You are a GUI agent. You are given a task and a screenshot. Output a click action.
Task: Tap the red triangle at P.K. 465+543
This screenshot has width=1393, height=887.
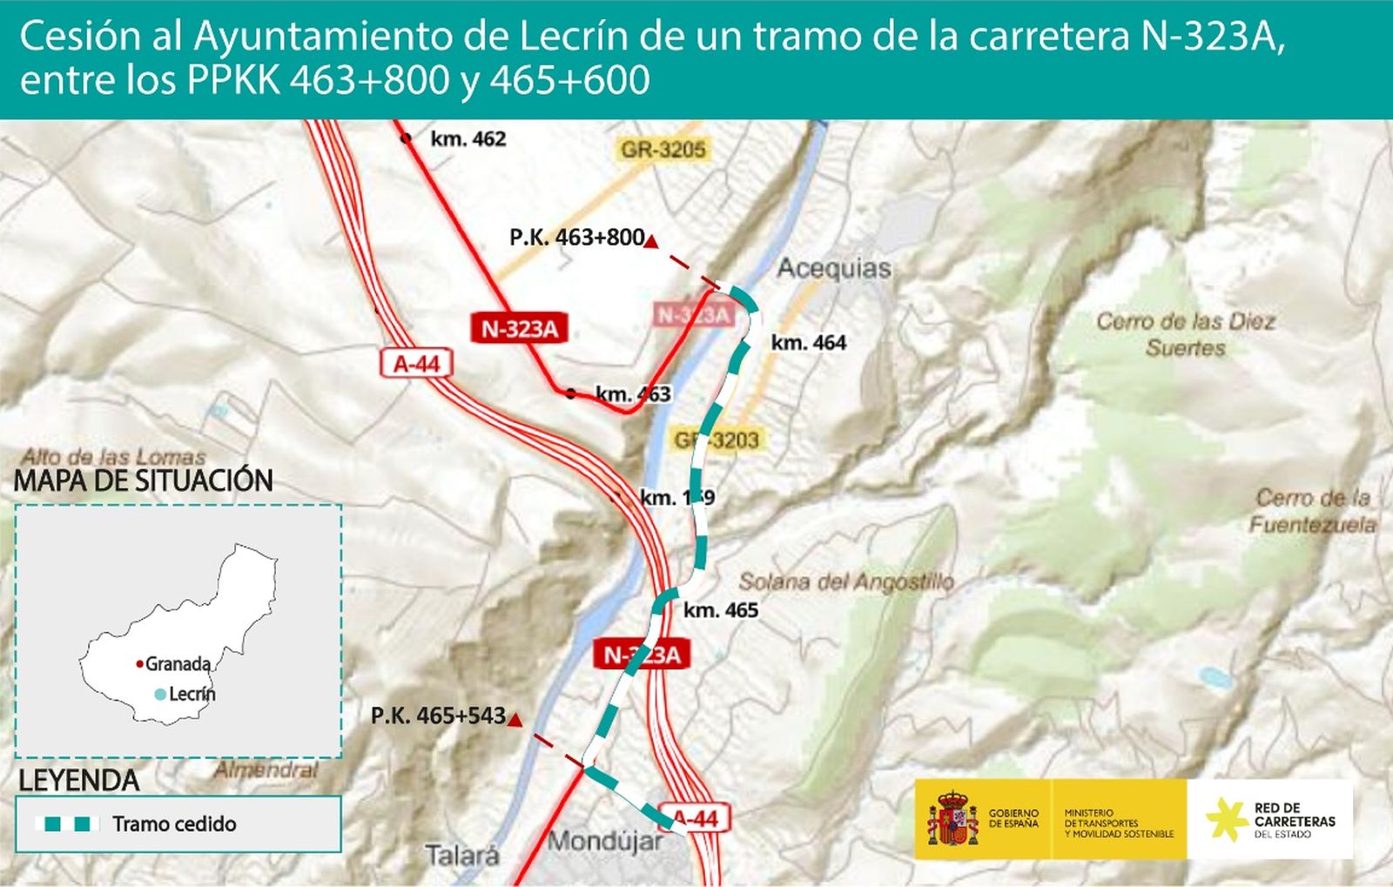(515, 720)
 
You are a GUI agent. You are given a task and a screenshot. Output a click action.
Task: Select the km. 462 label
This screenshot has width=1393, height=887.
(468, 139)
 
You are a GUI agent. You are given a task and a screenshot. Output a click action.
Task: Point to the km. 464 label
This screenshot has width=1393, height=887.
(808, 343)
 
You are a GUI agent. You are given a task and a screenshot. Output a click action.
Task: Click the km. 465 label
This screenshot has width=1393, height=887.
(720, 610)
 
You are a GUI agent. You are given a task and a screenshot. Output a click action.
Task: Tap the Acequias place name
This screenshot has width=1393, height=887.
(834, 268)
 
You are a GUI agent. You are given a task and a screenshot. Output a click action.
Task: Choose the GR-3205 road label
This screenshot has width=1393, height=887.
(663, 150)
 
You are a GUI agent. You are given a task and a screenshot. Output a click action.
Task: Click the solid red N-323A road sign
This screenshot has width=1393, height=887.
(520, 329)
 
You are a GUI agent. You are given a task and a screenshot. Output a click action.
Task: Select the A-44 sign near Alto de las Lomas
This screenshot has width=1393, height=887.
(416, 363)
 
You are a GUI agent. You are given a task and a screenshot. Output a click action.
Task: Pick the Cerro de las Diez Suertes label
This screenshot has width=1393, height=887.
(1185, 334)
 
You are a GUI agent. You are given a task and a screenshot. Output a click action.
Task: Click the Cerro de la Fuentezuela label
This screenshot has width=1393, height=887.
(1312, 511)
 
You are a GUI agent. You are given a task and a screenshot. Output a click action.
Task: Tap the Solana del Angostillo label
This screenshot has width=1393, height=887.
(846, 581)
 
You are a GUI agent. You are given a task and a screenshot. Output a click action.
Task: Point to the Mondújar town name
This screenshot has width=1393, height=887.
(604, 842)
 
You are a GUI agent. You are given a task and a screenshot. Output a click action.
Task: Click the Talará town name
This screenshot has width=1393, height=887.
(462, 855)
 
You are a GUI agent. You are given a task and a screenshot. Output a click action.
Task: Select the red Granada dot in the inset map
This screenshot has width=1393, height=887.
(139, 664)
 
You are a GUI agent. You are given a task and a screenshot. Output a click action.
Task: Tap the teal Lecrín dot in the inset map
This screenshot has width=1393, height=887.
(160, 695)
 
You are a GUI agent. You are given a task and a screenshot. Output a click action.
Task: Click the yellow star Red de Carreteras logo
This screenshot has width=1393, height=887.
(1226, 819)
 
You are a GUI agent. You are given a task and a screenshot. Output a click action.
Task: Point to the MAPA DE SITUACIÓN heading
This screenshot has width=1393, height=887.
(144, 480)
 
